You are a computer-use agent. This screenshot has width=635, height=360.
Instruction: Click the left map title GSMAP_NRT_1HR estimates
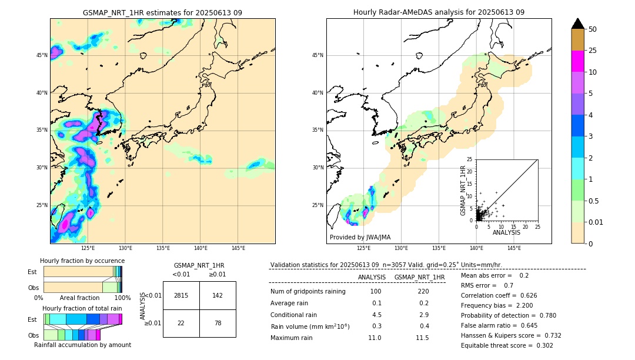point(162,12)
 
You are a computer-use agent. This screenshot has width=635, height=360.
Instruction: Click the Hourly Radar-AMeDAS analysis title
point(439,12)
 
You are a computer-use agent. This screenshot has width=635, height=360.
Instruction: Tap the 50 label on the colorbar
point(593,29)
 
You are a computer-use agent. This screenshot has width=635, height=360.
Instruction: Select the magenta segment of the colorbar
point(577,61)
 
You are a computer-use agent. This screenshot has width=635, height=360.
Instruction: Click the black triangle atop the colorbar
point(577,24)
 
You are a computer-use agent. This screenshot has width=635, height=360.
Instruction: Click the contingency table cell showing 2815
point(181,295)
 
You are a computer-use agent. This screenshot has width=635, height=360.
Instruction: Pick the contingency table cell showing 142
point(218,295)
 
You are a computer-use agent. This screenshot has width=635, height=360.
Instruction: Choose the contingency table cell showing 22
point(181,323)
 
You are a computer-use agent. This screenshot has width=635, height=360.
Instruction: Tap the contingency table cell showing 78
point(218,323)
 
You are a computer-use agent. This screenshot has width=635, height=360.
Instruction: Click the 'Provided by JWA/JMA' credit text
point(360,237)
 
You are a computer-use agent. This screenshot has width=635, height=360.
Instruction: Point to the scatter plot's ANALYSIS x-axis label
point(506,233)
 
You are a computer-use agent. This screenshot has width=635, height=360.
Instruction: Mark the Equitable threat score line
point(507,345)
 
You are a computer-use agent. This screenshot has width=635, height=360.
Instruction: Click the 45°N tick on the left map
point(42,55)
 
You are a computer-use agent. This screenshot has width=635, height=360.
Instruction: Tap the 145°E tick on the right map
point(514,248)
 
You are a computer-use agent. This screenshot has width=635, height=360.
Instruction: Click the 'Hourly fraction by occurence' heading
point(82,261)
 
